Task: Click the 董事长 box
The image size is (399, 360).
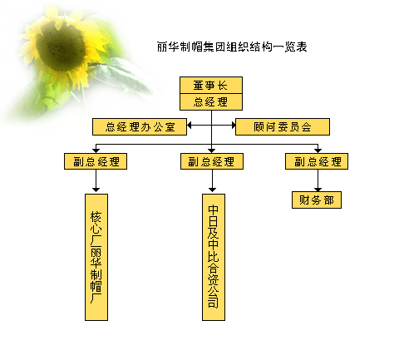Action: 211,86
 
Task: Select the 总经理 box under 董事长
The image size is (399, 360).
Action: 211,102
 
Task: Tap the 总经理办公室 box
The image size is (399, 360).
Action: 140,127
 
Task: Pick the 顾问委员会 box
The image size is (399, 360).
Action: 283,127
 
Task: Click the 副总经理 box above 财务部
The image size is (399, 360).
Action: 317,161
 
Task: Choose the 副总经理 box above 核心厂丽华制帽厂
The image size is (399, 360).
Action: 96,161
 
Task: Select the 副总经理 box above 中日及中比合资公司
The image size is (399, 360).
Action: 212,161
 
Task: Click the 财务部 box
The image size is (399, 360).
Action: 317,200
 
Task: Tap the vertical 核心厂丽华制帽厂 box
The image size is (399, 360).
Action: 96,257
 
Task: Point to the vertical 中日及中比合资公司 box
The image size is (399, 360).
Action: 214,257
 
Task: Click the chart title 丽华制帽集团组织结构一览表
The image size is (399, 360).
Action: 232,47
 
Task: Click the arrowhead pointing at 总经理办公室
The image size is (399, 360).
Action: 190,126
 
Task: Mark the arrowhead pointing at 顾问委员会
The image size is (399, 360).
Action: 234,126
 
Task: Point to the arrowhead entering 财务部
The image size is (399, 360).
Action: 318,190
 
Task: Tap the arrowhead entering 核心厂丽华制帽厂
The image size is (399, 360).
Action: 96,190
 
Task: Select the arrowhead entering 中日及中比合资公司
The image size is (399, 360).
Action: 212,190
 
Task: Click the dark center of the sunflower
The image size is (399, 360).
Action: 61,46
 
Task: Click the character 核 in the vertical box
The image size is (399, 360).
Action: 96,217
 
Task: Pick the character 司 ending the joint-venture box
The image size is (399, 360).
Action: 214,302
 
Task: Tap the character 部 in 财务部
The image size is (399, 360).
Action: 329,200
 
